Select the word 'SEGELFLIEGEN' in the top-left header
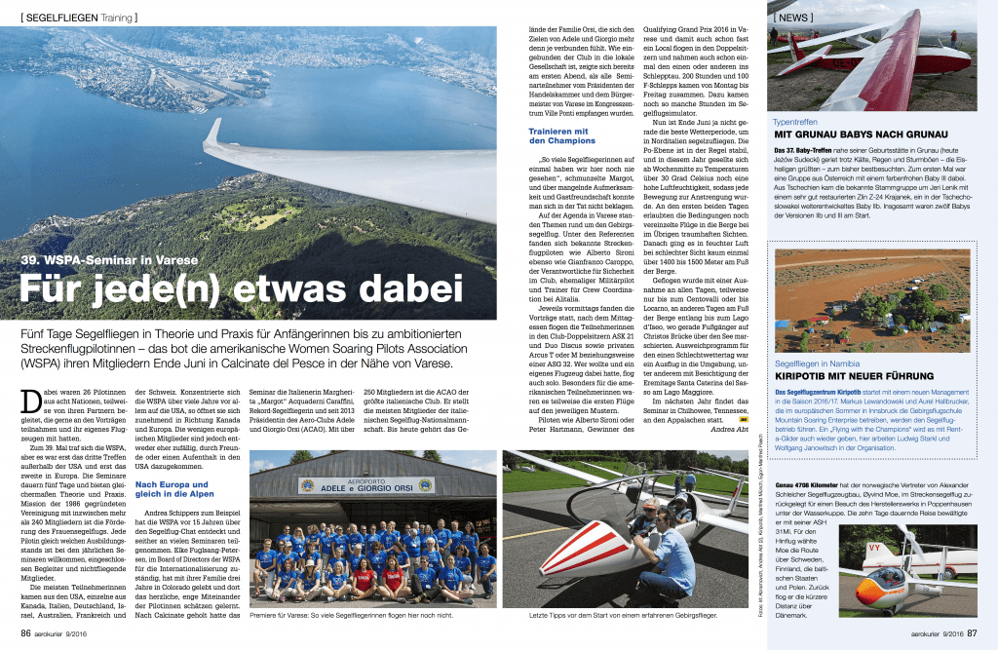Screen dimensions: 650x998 tap(69, 18)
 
